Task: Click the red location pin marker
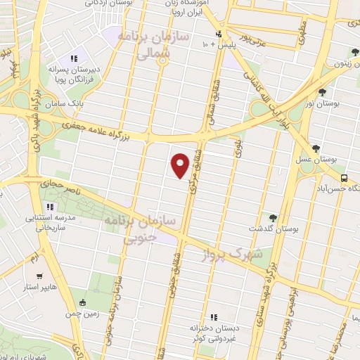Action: coord(181,164)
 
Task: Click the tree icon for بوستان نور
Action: coord(322,91)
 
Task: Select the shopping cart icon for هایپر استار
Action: coord(39,276)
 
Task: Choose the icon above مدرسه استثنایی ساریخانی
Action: coord(49,207)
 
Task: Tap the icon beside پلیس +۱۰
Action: coord(219,34)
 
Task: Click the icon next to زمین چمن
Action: coord(84,304)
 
